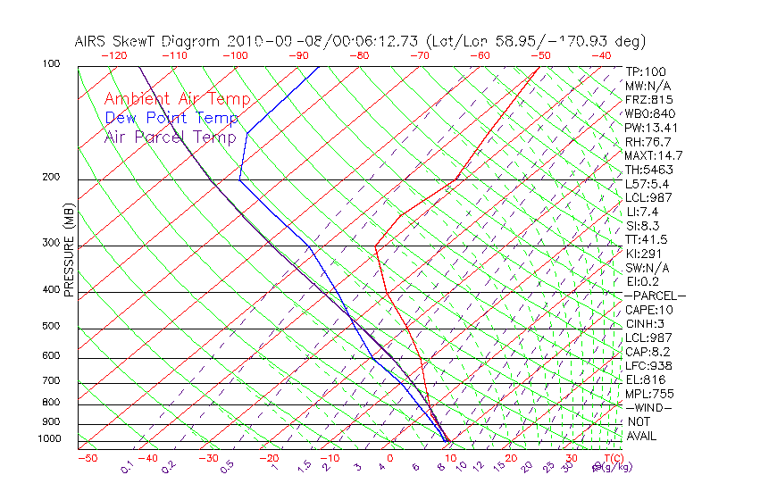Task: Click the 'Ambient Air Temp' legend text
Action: click(x=177, y=99)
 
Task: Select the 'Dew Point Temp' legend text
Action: click(x=171, y=118)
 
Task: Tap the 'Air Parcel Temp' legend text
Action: click(x=171, y=137)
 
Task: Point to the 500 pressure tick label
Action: click(x=51, y=326)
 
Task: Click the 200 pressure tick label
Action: click(x=51, y=177)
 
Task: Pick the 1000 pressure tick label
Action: click(x=48, y=438)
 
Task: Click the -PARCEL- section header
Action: click(x=655, y=296)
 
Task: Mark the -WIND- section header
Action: click(x=649, y=407)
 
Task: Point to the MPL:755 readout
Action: click(x=648, y=393)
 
